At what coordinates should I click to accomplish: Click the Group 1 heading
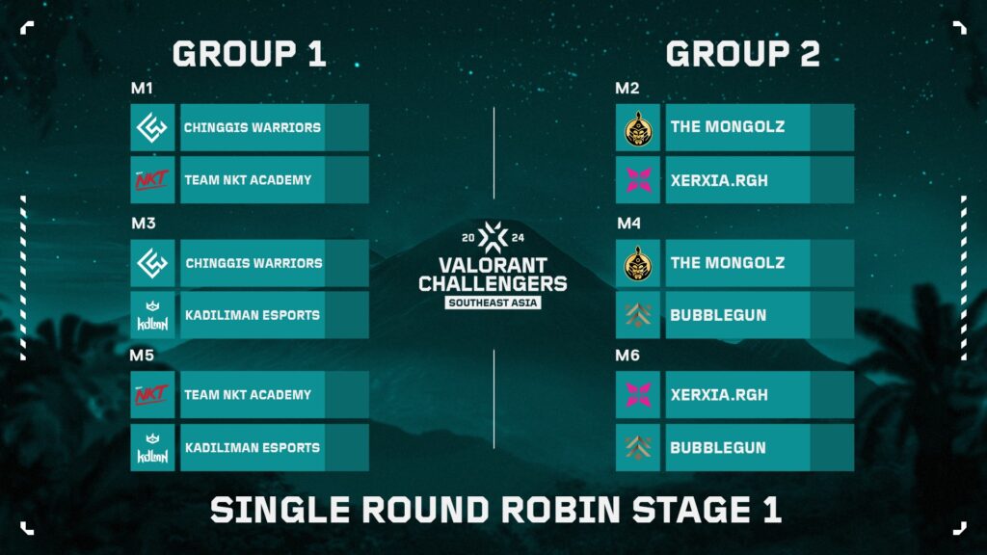coord(249,54)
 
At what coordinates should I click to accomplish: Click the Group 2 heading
coord(742,54)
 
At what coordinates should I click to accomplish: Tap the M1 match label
coord(142,89)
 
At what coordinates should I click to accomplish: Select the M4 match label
coord(627,224)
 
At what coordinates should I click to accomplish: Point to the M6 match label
coord(627,356)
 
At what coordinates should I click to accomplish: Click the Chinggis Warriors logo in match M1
coord(152,127)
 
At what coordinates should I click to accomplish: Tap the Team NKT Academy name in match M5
coord(248,395)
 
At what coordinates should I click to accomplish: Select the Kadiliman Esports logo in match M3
coord(152,315)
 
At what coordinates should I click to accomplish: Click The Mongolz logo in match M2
coord(638,127)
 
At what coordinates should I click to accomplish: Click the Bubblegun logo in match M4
coord(638,315)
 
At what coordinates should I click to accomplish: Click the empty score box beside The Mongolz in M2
coord(832,127)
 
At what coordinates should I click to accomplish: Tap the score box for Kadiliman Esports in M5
coord(347,448)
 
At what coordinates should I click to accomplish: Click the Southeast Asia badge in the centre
coord(493,303)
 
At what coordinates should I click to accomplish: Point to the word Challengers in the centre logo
coord(493,283)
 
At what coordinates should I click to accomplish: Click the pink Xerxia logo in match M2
coord(638,180)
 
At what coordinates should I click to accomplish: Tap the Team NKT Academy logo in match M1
coord(152,180)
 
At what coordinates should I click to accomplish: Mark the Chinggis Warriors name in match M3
coord(253,263)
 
